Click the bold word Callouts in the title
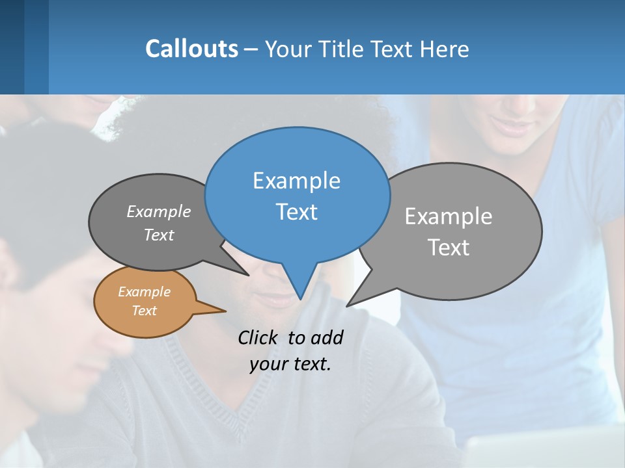(191, 49)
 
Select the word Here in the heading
(445, 49)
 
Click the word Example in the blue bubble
(296, 181)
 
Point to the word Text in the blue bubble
(296, 212)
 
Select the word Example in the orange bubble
(144, 292)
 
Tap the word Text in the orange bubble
(144, 311)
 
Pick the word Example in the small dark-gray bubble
(158, 211)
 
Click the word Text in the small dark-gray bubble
(158, 235)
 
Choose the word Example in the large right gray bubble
(448, 216)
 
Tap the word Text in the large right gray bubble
(448, 248)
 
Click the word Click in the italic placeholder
(257, 337)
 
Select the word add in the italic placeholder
(326, 337)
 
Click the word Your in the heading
(288, 49)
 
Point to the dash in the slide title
(251, 49)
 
